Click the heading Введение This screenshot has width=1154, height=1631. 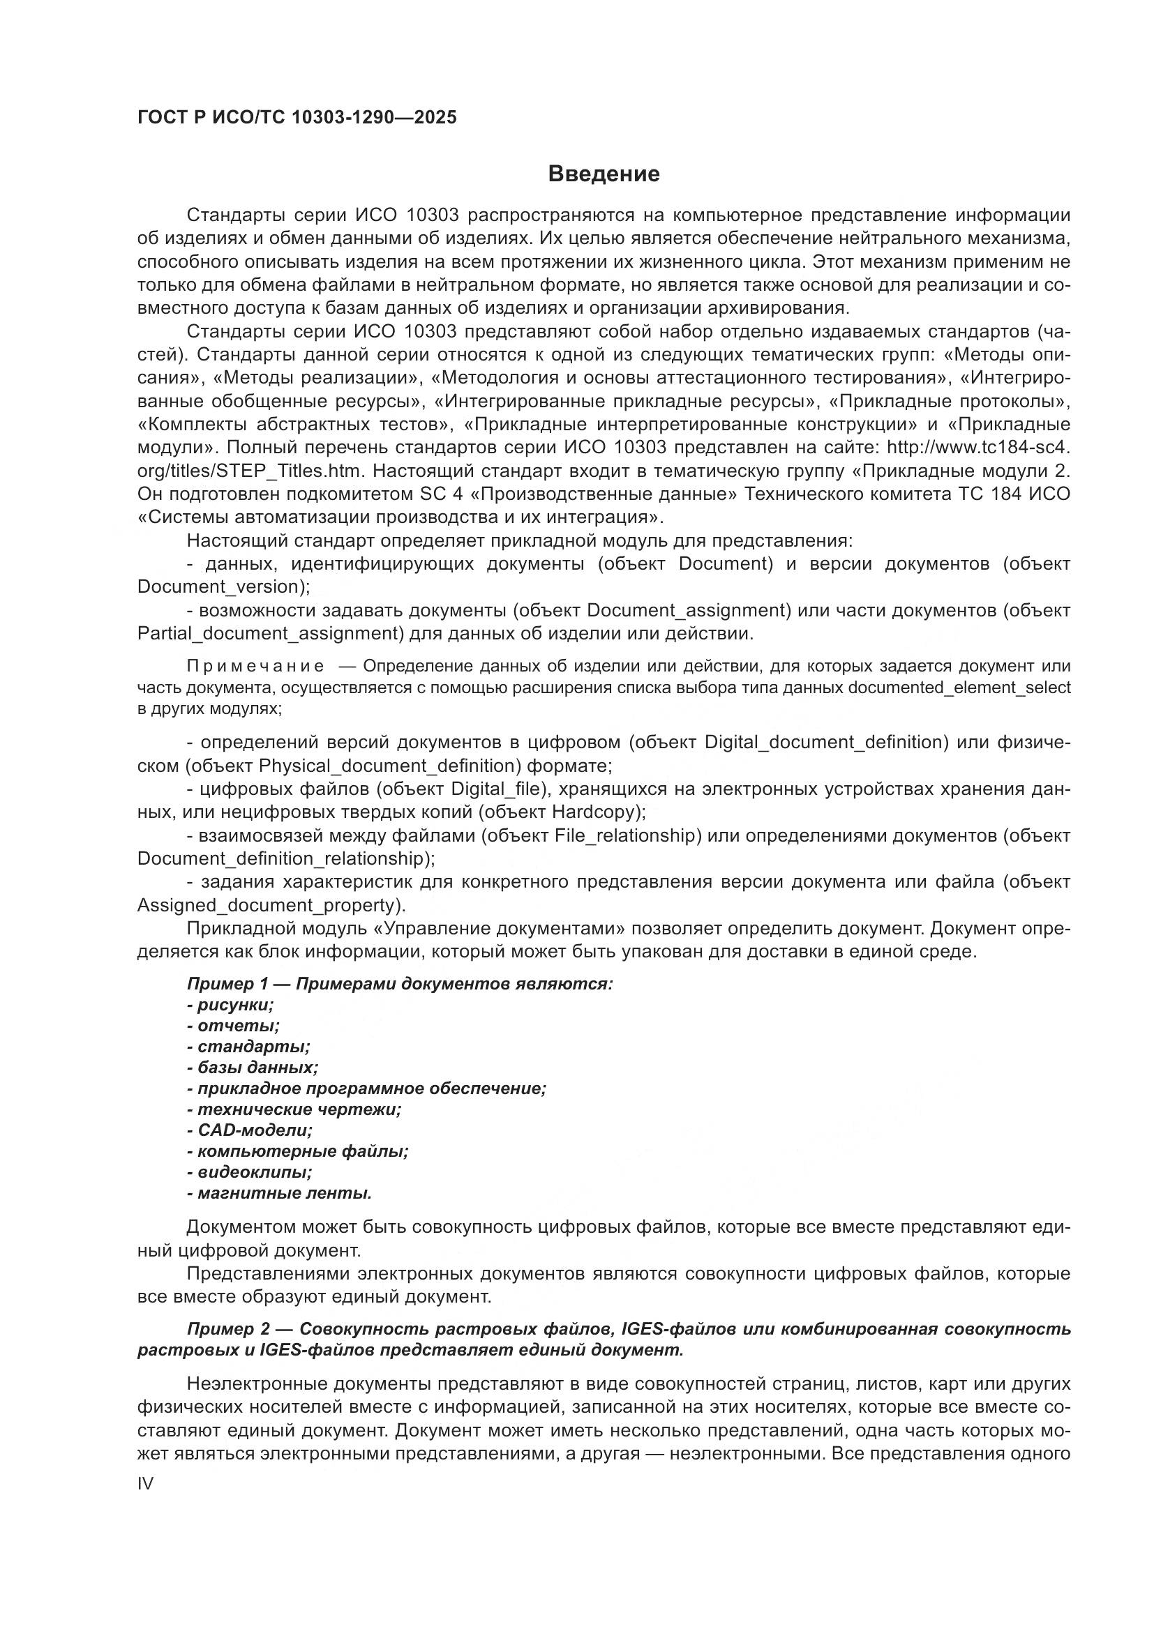click(x=604, y=174)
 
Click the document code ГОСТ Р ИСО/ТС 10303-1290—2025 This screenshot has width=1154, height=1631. click(x=297, y=118)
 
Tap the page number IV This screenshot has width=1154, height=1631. click(x=145, y=1483)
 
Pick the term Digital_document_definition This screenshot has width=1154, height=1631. click(x=825, y=743)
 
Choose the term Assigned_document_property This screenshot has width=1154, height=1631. click(x=268, y=905)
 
